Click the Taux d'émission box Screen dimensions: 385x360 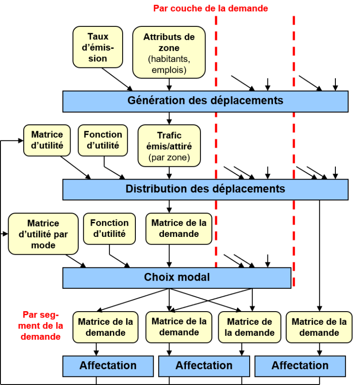[x=98, y=47]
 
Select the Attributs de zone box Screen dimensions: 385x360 [x=169, y=52]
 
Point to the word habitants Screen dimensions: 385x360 [x=168, y=59]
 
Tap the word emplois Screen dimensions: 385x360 [x=168, y=70]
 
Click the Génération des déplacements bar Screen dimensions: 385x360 [x=205, y=101]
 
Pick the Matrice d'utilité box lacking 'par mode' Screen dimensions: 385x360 [x=47, y=140]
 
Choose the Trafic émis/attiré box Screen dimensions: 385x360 [x=169, y=146]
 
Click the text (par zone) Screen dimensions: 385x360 [x=169, y=158]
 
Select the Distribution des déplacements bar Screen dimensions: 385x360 [x=205, y=189]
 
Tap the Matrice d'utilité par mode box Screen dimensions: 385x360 [x=43, y=234]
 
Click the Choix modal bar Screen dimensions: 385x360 [x=177, y=277]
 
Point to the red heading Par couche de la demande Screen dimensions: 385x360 [x=211, y=8]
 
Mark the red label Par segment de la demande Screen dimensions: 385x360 [x=41, y=326]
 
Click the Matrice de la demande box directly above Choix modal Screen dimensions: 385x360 [x=179, y=228]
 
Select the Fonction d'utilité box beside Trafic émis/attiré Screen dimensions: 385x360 [x=103, y=140]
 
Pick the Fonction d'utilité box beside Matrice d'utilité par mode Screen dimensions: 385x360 [x=109, y=228]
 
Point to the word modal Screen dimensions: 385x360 [x=194, y=277]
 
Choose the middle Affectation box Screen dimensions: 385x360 [x=204, y=366]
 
